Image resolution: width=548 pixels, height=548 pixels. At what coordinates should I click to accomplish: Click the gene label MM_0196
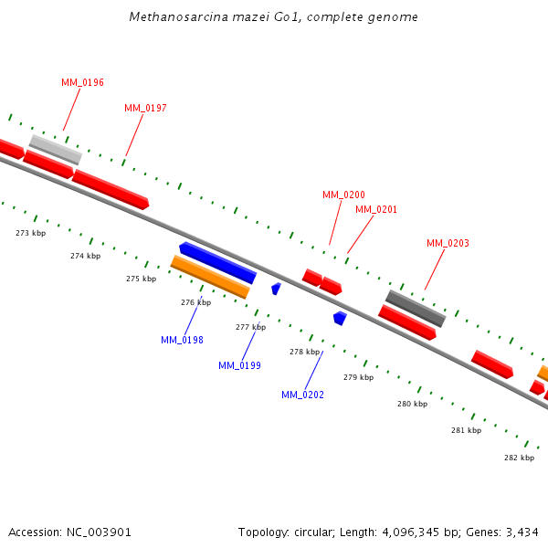point(82,82)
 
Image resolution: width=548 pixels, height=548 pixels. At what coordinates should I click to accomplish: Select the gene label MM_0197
point(145,108)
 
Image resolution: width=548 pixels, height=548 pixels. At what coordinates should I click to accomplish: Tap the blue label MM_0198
point(182,340)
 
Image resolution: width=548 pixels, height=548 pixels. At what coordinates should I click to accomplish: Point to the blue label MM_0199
point(239,365)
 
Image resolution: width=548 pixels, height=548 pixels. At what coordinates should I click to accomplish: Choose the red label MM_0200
point(343,195)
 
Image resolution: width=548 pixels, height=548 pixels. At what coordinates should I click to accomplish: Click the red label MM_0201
point(376,209)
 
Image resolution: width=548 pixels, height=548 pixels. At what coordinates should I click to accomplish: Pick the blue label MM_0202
point(302,395)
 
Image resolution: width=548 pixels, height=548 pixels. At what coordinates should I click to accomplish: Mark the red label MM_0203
point(448,243)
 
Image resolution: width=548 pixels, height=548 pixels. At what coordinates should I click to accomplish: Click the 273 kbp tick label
point(31,233)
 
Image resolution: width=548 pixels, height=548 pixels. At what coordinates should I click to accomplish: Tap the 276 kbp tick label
point(195,302)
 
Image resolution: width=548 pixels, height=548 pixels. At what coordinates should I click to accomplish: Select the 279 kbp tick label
point(358,377)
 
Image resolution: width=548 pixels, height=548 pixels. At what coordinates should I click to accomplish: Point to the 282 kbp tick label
point(520,458)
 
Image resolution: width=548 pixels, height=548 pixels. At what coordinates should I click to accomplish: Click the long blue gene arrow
point(218,263)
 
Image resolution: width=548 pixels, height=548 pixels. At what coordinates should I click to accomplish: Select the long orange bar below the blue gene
point(210,277)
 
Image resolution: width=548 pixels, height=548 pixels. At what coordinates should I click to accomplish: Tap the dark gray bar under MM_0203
point(415,309)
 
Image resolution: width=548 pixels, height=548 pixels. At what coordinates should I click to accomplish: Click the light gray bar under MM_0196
point(55,149)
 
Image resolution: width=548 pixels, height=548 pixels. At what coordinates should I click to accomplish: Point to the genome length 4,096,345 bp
point(421,532)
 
